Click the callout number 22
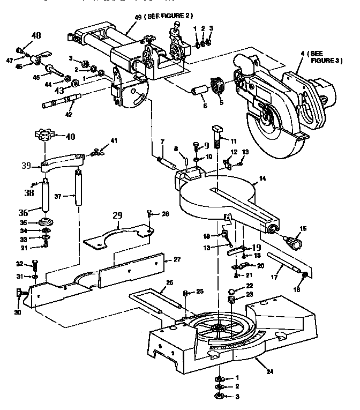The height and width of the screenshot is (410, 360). pos(249,285)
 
